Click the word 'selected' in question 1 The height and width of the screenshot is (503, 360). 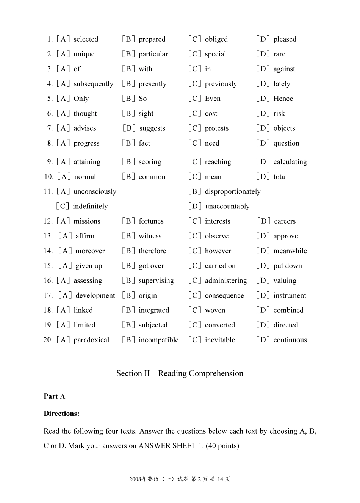click(x=86, y=39)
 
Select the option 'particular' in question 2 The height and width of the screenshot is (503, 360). click(x=153, y=54)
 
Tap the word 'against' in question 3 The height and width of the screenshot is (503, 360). click(x=284, y=69)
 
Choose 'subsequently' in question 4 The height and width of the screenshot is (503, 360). click(x=93, y=84)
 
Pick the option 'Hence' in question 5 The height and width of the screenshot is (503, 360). click(x=283, y=99)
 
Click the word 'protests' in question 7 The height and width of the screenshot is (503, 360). click(x=216, y=128)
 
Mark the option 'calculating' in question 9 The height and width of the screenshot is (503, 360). click(x=290, y=162)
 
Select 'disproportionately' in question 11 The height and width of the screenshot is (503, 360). click(x=232, y=191)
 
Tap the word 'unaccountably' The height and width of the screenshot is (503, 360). click(x=227, y=206)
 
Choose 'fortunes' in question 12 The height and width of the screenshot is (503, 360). click(x=151, y=221)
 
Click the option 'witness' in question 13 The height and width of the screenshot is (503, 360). click(x=150, y=236)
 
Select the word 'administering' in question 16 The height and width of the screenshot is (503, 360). click(x=225, y=280)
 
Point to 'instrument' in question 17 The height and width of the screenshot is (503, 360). click(x=290, y=295)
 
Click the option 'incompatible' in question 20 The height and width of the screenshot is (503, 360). click(x=158, y=340)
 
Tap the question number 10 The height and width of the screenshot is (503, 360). click(x=49, y=177)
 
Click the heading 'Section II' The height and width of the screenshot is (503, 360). click(x=133, y=373)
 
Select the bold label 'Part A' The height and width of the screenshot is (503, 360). click(x=54, y=396)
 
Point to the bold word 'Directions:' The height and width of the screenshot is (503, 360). click(x=61, y=414)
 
